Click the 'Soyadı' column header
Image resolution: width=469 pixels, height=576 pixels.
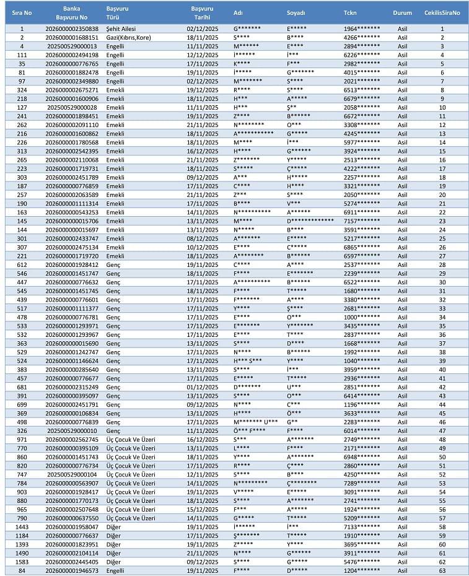coord(296,12)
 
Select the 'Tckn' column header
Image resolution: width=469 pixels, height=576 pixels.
coord(350,12)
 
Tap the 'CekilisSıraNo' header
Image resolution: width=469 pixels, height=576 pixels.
coord(442,12)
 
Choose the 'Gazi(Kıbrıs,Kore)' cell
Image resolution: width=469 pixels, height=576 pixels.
coord(129,37)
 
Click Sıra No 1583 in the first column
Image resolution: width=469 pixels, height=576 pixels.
coord(22,562)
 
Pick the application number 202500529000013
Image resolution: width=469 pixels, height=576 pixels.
coord(72,46)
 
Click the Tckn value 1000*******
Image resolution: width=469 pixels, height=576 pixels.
coord(362,317)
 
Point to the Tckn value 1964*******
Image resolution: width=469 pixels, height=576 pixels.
coord(362,28)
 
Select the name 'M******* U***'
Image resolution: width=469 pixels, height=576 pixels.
coord(255,422)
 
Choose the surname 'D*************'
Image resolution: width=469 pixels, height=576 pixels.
coord(310,221)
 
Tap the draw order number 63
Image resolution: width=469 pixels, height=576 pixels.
coord(442,570)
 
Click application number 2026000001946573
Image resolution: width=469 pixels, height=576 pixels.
coord(72,570)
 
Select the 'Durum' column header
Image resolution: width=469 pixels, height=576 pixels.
coord(402,12)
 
